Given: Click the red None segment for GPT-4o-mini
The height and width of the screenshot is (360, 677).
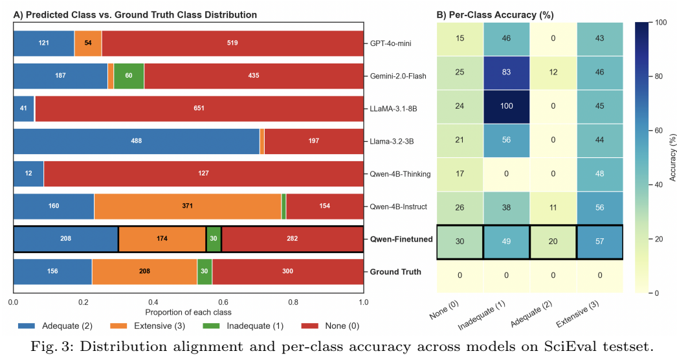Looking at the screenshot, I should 232,43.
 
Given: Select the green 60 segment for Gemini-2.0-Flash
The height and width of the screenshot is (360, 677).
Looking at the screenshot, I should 129,76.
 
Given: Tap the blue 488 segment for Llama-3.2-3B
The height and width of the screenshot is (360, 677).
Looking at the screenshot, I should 137,141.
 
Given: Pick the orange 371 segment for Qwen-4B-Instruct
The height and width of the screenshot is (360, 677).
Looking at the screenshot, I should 188,207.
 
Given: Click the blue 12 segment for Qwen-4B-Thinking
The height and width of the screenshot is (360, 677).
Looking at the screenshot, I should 28,174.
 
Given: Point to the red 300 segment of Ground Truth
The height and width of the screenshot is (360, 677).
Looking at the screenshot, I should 287,272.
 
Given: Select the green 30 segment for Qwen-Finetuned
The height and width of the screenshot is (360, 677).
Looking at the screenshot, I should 214,239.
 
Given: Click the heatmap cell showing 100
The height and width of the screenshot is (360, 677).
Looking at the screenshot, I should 506,107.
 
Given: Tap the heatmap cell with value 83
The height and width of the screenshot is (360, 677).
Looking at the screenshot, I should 506,73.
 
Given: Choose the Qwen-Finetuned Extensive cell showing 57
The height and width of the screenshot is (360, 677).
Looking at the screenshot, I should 599,242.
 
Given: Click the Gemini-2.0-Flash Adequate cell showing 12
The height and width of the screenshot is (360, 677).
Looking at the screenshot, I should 553,73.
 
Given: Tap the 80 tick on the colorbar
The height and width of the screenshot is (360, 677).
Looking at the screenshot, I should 650,76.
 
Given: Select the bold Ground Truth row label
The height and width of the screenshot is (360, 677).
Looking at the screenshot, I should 395,272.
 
